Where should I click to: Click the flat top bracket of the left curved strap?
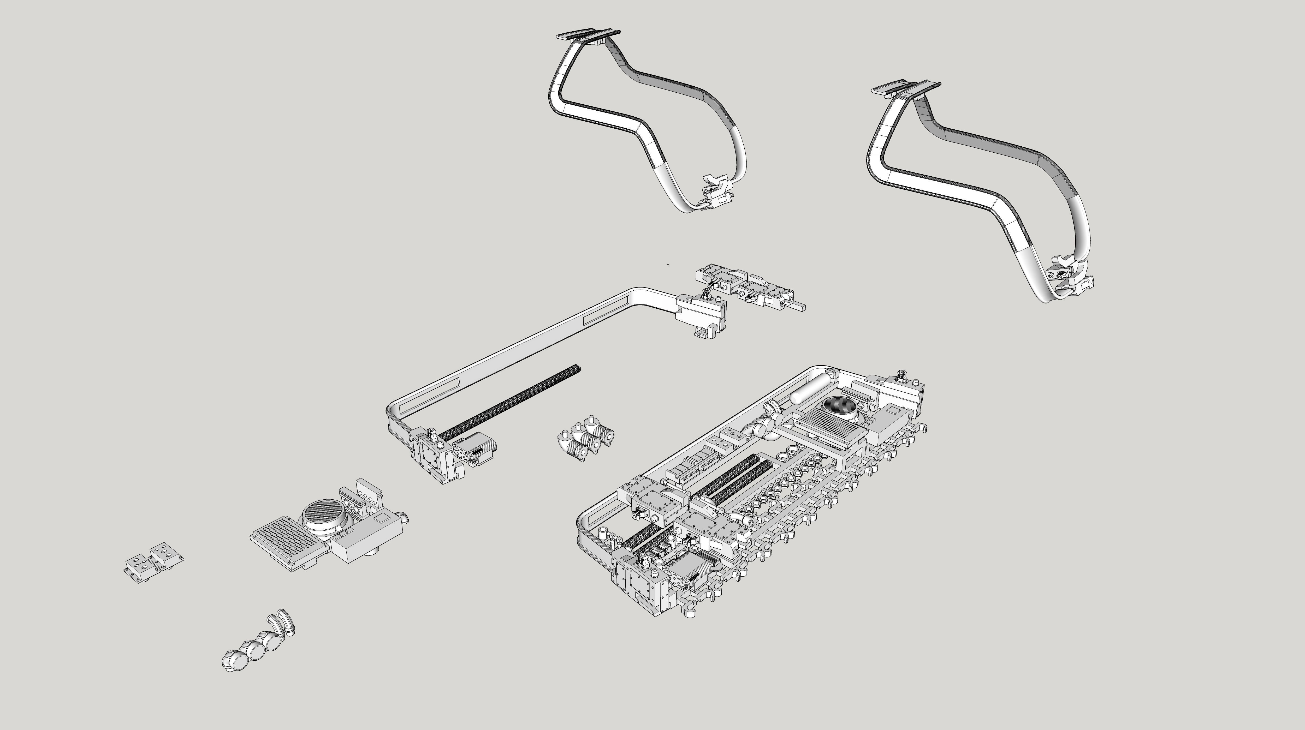point(588,35)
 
